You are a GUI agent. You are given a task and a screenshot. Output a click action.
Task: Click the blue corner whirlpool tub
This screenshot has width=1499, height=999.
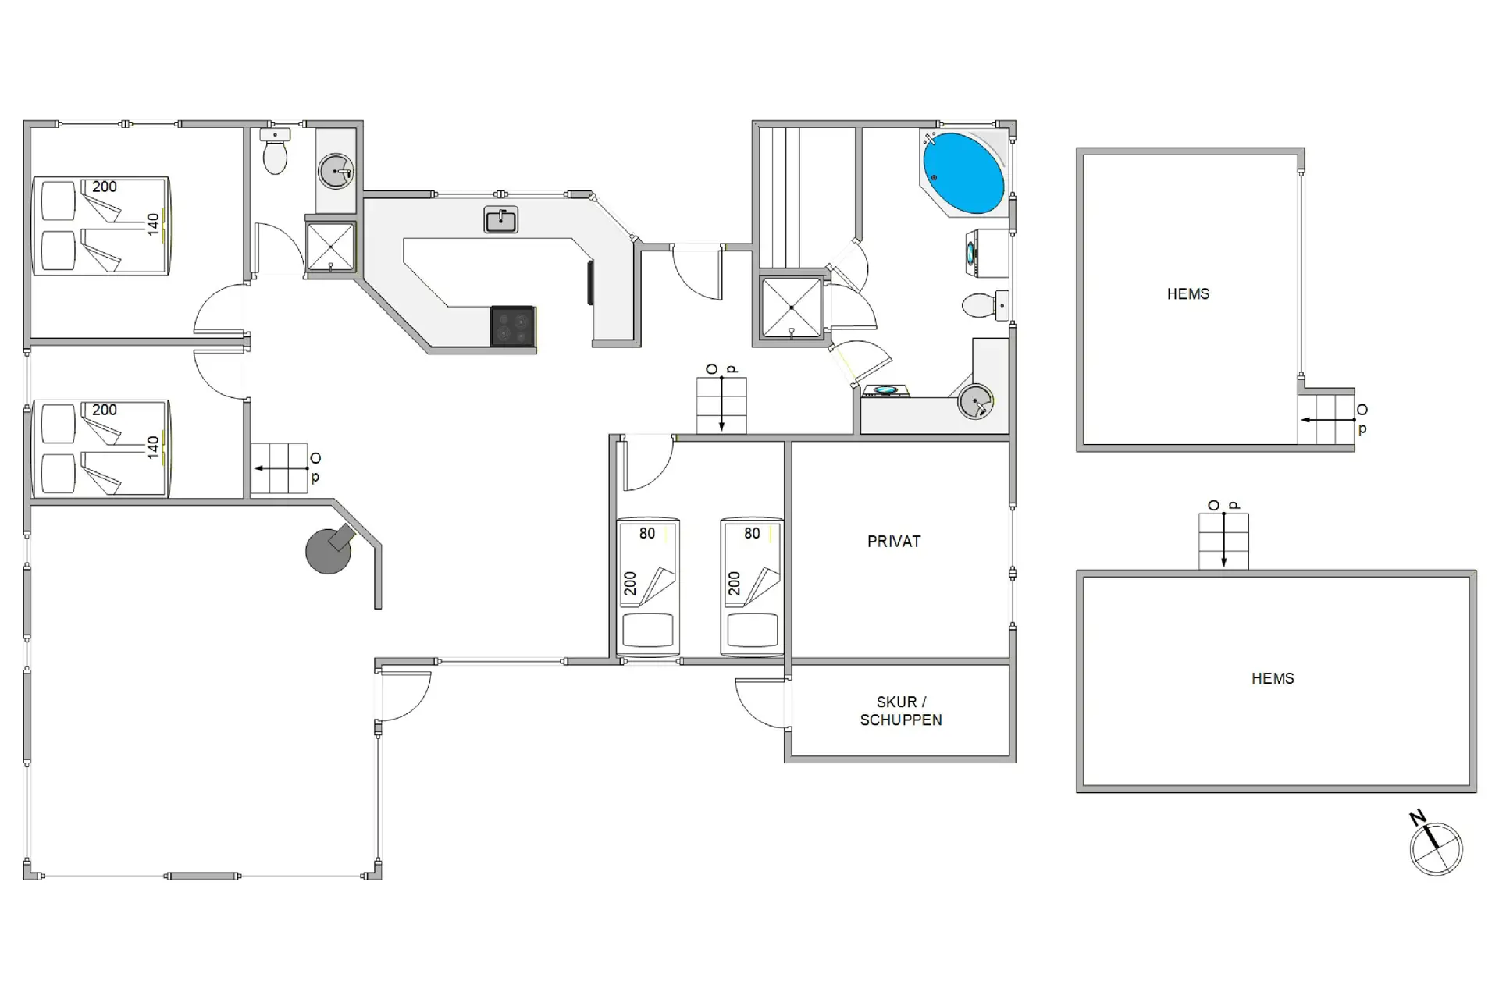[x=963, y=173]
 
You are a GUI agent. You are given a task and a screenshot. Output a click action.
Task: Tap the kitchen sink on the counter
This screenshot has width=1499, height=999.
[x=500, y=220]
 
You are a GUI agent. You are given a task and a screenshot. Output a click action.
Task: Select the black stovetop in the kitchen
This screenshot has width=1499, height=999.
[x=513, y=326]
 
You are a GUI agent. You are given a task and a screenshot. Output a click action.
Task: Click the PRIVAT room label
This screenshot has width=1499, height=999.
[x=894, y=542]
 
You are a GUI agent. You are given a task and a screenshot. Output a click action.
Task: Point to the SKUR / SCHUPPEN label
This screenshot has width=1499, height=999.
[x=901, y=711]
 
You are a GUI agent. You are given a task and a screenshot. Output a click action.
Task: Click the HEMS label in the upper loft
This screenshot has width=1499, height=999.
[x=1188, y=294]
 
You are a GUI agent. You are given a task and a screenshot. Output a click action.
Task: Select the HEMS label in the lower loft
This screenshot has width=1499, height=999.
[x=1273, y=679]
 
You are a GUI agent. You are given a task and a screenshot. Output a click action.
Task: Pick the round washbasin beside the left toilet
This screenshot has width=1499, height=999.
[x=336, y=171]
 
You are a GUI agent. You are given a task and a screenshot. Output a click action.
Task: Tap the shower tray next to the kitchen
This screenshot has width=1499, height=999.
[x=330, y=247]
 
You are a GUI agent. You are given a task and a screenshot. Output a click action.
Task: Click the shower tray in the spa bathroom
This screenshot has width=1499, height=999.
[x=792, y=308]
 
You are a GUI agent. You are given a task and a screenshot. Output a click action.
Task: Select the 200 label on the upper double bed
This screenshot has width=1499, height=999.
[x=105, y=187]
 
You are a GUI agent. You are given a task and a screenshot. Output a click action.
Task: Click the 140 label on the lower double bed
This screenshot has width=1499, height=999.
[x=153, y=447]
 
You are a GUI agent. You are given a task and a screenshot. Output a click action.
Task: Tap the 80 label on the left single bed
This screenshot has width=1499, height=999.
[x=647, y=534]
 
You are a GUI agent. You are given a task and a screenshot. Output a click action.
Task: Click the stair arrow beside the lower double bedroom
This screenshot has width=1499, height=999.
[x=281, y=468]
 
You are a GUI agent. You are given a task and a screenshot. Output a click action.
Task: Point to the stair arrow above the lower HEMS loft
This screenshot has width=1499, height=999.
[x=1223, y=540]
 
